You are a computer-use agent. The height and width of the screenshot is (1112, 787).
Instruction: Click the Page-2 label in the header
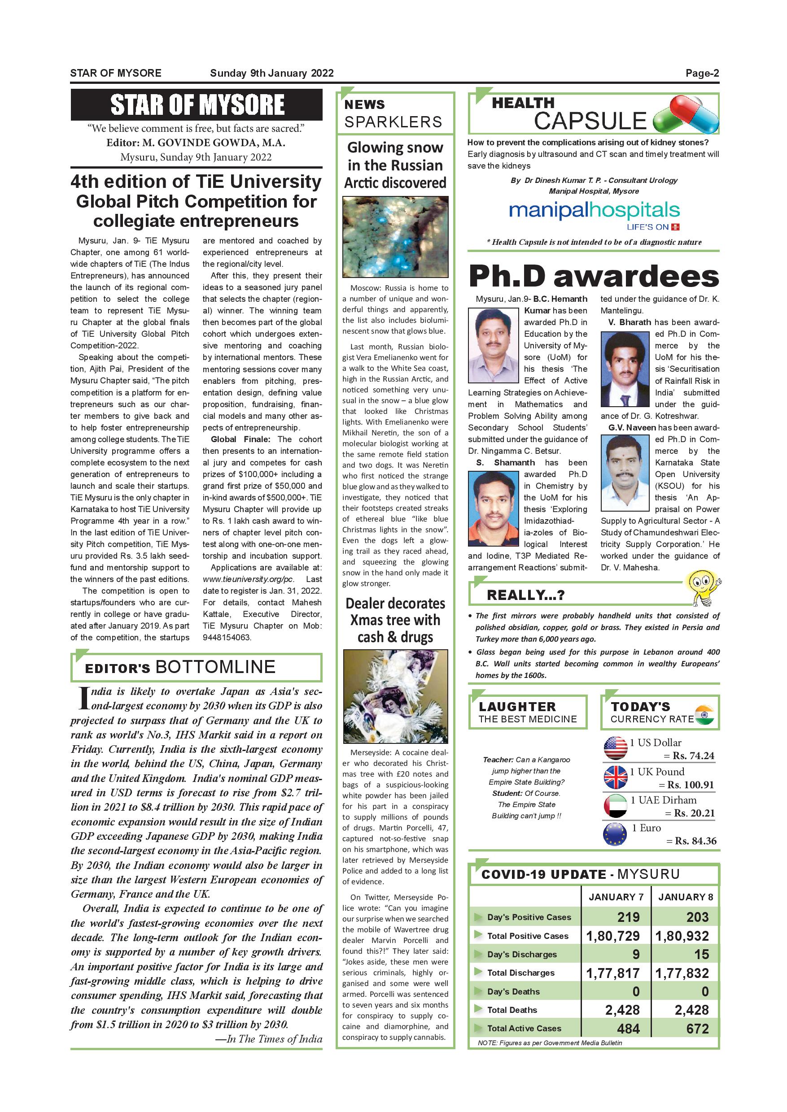(x=702, y=74)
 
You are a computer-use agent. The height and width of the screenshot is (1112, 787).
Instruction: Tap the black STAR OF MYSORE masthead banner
(x=196, y=104)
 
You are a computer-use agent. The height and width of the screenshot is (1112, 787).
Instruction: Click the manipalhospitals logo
(x=594, y=211)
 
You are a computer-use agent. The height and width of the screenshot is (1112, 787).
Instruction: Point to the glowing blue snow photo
(x=395, y=237)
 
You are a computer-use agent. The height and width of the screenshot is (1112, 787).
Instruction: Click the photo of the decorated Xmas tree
(x=395, y=696)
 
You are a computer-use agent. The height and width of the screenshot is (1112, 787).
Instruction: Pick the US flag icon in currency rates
(x=616, y=748)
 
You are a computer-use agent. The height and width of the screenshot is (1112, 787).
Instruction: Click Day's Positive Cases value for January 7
(x=628, y=917)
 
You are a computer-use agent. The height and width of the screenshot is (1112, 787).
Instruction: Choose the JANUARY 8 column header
(x=685, y=897)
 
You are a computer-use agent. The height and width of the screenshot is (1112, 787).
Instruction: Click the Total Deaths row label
(x=512, y=1010)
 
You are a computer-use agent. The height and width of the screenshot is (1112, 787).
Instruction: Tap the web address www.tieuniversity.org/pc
(x=248, y=579)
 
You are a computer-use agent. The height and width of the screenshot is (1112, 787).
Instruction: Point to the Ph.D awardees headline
(x=594, y=277)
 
